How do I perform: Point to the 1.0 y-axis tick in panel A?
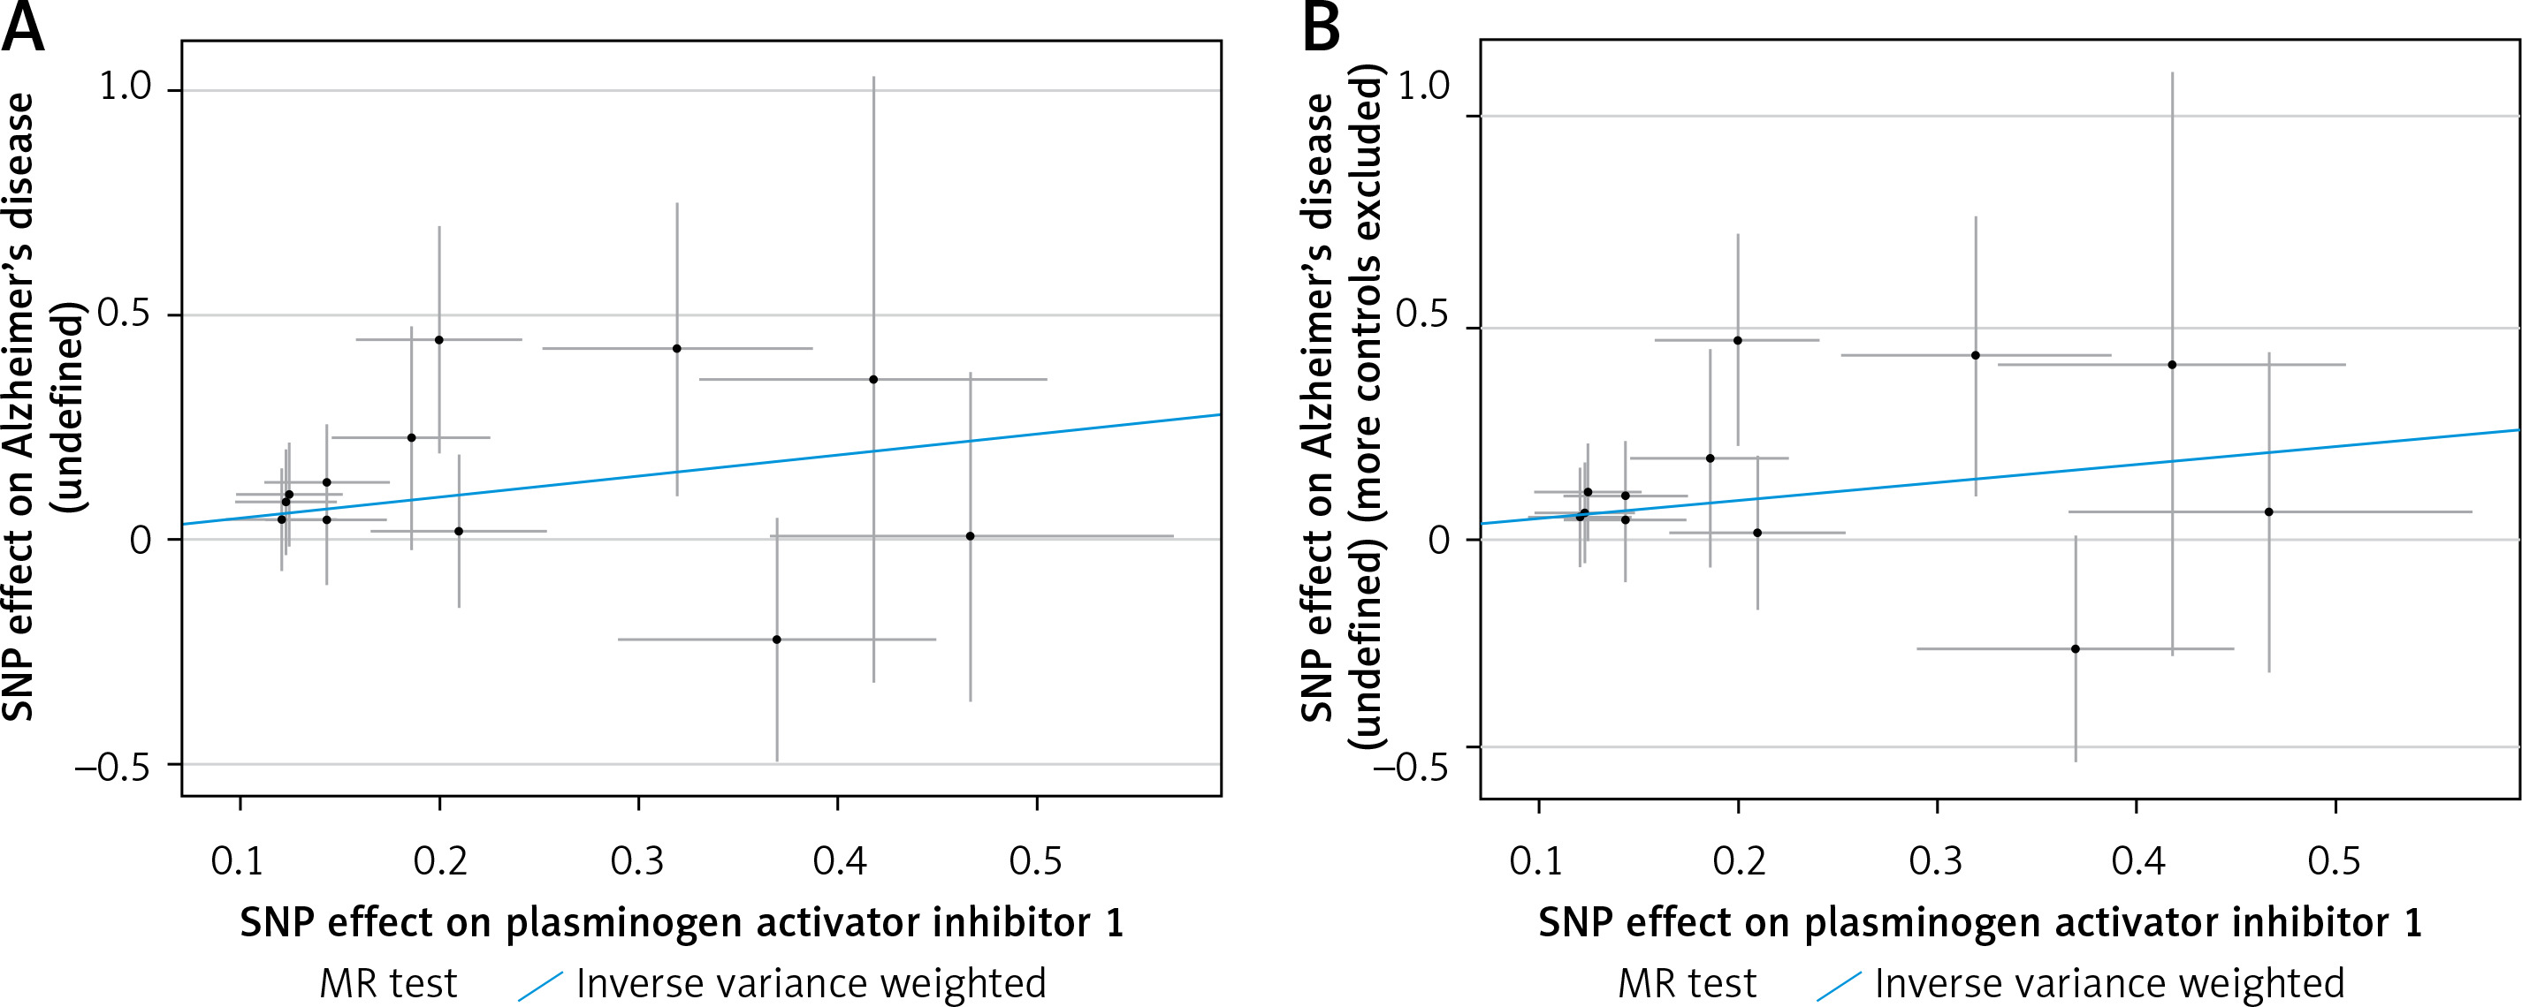[126, 87]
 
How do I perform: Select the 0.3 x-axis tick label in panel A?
[637, 861]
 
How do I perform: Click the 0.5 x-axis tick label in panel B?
[2334, 861]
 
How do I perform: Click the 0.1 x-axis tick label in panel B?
[1536, 861]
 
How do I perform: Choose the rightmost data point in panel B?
[2268, 511]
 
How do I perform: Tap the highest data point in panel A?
[438, 339]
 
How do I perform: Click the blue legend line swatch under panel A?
[540, 986]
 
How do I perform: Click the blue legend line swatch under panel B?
[1839, 986]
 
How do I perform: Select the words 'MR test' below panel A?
[389, 983]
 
